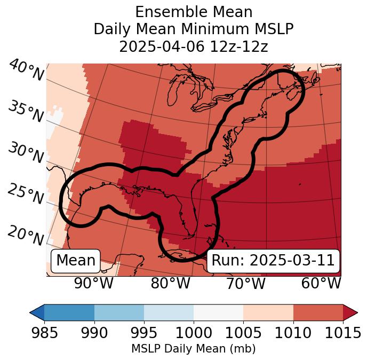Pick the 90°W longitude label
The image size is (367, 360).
93,284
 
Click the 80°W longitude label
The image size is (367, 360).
171,284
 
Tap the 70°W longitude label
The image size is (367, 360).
245,284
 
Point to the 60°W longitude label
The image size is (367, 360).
321,284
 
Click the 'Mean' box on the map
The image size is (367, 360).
76,261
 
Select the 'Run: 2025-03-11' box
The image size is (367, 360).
273,261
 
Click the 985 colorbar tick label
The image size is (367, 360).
44,333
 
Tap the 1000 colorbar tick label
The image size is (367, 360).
194,333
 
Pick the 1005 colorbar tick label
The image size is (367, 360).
243,333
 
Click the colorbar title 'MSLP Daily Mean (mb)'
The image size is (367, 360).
193,349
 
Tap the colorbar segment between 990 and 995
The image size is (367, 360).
119,312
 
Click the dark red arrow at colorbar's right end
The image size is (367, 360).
350,312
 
